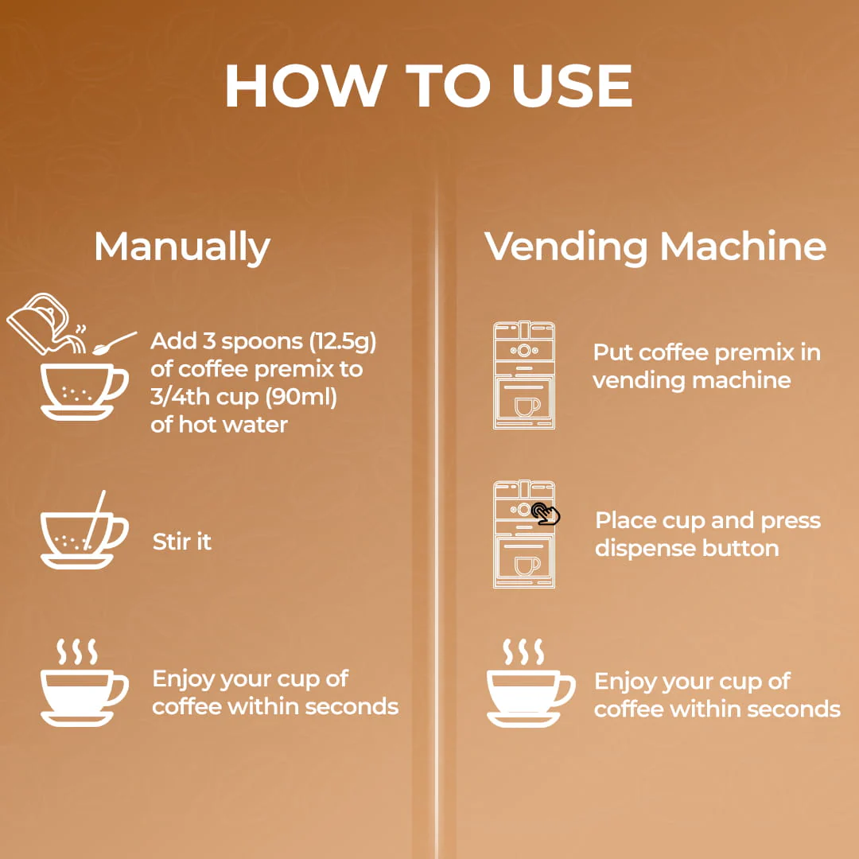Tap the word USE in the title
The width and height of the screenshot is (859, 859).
click(x=572, y=86)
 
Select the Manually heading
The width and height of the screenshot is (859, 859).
click(x=182, y=247)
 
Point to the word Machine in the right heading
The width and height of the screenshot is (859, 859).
click(x=743, y=246)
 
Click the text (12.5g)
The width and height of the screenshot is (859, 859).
click(x=343, y=342)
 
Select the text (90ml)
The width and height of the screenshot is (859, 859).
click(x=301, y=397)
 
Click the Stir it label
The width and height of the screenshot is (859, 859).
click(x=182, y=542)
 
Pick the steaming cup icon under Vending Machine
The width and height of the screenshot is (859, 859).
click(x=531, y=683)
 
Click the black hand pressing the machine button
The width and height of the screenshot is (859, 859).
click(x=546, y=513)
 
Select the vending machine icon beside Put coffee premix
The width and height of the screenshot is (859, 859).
click(x=524, y=375)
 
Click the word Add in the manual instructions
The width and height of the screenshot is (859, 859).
click(x=173, y=340)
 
